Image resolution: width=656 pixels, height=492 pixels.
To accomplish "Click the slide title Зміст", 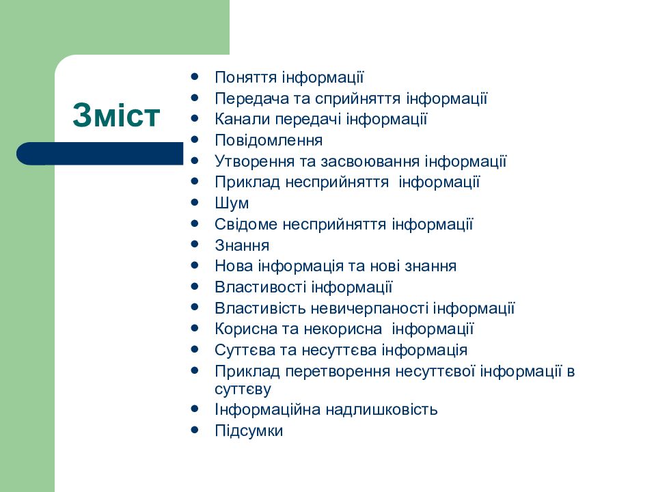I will pos(116,116).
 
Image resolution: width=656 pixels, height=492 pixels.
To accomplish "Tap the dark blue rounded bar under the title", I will pos(102,154).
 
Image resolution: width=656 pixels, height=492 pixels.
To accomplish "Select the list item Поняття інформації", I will pos(290,77).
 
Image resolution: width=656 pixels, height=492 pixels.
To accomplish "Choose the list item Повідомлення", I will pos(269,141).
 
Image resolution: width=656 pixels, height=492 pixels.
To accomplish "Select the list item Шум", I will pos(232,204).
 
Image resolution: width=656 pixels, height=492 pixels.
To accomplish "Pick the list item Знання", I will pos(242,245).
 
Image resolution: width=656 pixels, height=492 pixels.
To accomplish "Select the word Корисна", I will pos(245,329).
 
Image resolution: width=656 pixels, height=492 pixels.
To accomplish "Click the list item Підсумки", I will pos(249,431).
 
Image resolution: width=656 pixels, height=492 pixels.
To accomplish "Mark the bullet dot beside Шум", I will pos(196,203).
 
